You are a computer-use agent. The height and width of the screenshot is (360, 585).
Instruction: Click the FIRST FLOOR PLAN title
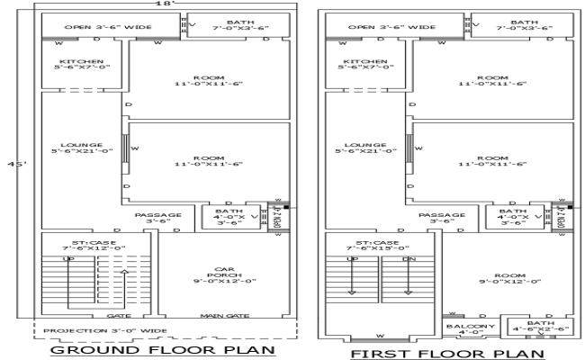point(447,353)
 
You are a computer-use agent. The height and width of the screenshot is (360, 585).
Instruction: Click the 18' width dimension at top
point(162,4)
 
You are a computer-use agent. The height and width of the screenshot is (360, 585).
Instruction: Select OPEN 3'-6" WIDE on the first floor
point(391,27)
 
